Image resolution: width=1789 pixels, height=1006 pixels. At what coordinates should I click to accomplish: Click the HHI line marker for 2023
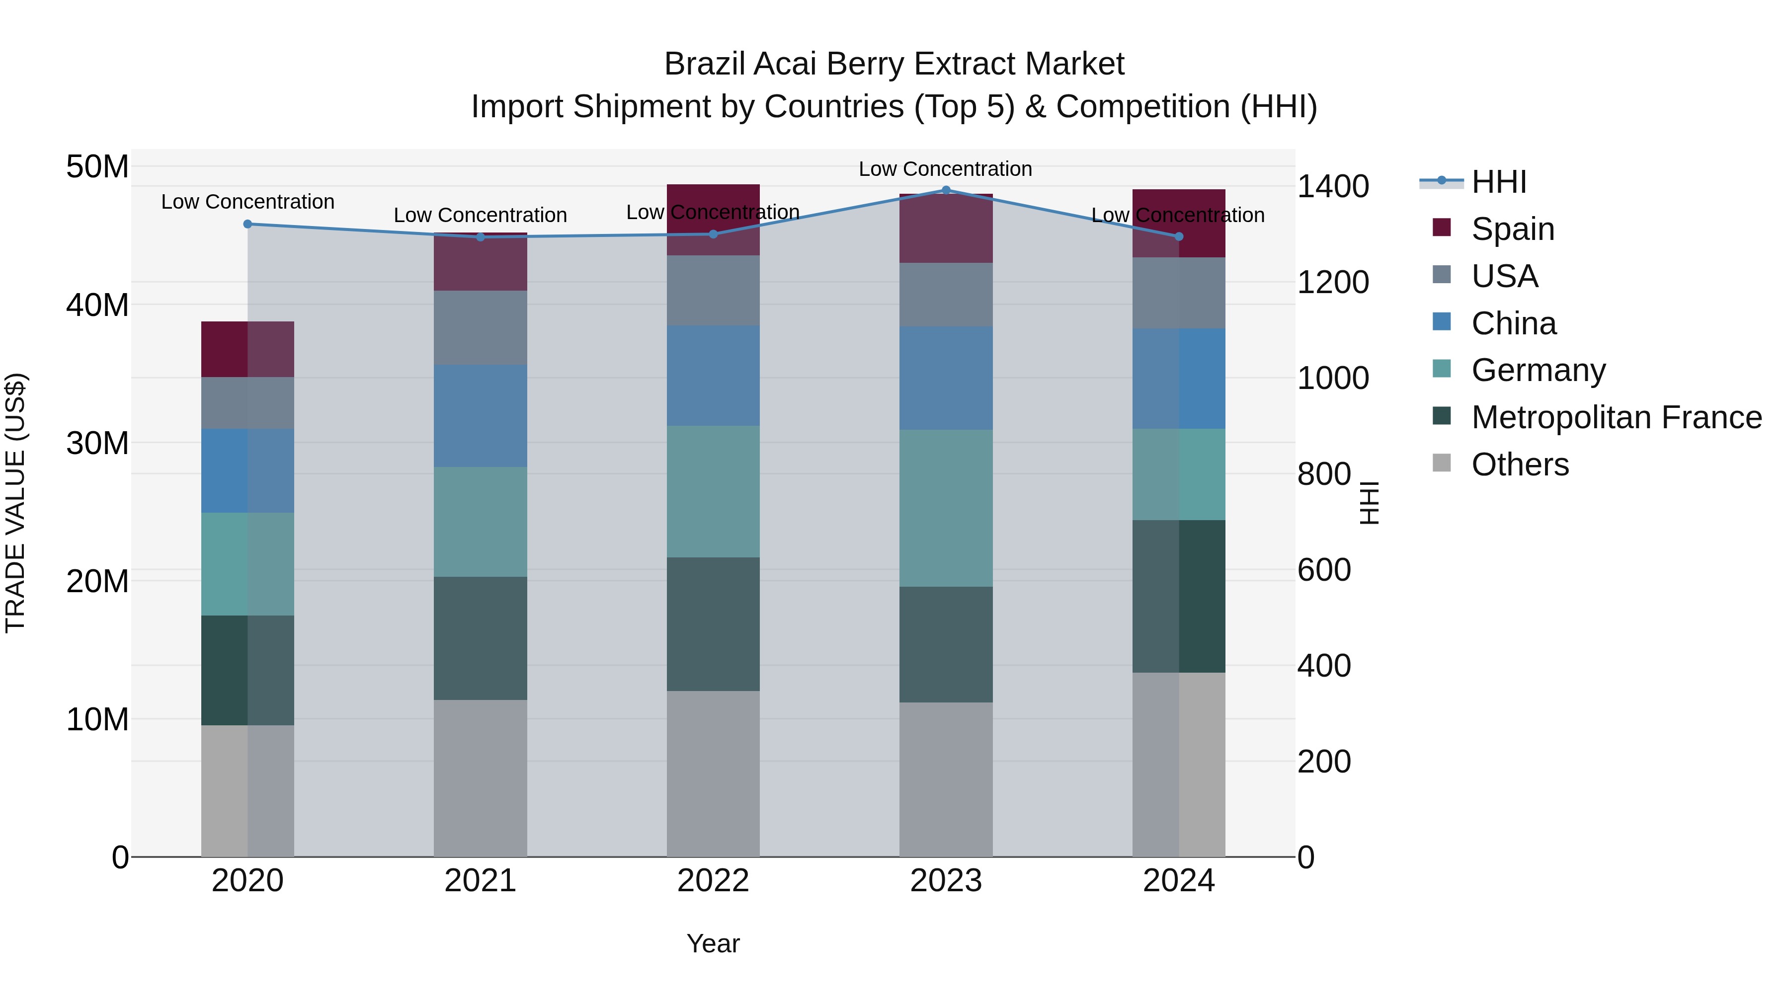[x=945, y=190]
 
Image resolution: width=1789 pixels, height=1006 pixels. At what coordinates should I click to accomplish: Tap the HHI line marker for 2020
[x=247, y=224]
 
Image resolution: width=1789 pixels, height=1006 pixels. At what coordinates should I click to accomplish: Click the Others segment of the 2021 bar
[x=480, y=777]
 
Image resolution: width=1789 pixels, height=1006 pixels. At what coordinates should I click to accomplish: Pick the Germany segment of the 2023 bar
[x=945, y=508]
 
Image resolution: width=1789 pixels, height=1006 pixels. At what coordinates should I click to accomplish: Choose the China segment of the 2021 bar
[x=480, y=415]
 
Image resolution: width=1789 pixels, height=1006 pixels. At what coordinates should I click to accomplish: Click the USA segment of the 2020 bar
[x=247, y=403]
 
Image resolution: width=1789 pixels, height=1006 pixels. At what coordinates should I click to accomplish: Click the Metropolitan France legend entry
[x=1616, y=417]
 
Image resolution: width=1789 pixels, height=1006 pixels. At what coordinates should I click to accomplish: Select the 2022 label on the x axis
[x=713, y=881]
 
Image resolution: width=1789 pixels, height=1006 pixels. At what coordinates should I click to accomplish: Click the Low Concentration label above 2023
[x=945, y=169]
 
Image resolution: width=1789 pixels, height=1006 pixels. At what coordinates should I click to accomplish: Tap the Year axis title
[x=713, y=943]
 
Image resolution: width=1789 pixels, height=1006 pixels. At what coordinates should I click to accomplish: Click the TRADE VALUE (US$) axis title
[x=15, y=503]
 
